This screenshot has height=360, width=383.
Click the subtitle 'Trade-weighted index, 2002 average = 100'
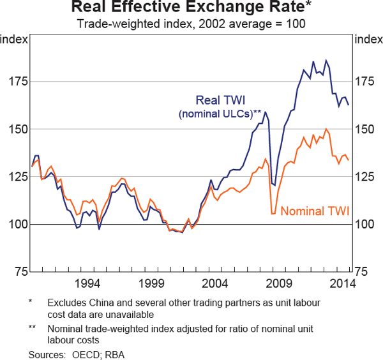(191, 25)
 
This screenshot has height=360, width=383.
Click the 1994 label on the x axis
(87, 283)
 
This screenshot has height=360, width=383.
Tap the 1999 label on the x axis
(151, 283)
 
